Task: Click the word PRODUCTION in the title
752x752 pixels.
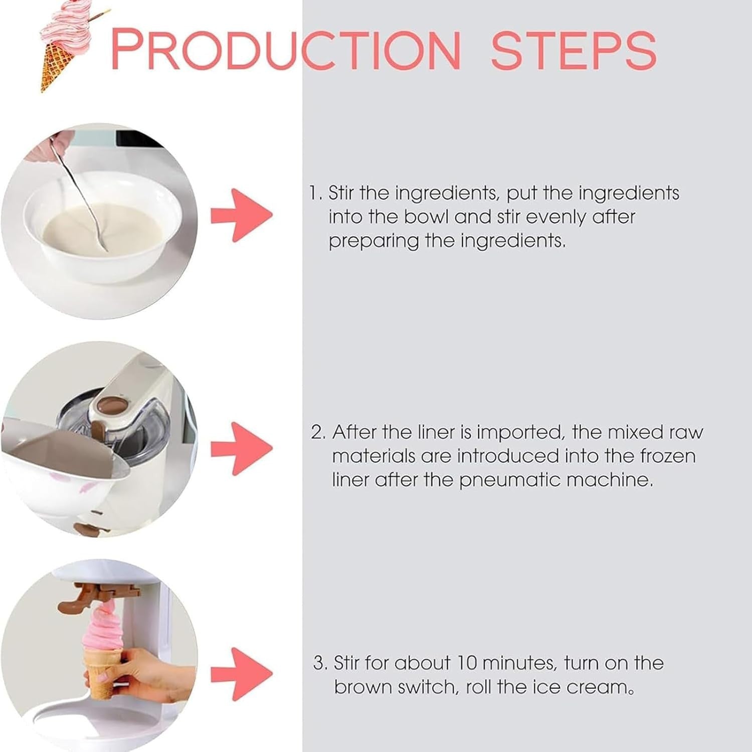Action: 285,50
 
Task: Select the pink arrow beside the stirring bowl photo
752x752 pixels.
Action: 242,216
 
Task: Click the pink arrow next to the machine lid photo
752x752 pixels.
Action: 242,449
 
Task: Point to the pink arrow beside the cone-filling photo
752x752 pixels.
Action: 242,674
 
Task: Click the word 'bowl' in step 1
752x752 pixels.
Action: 427,217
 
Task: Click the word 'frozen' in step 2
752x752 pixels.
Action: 668,456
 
